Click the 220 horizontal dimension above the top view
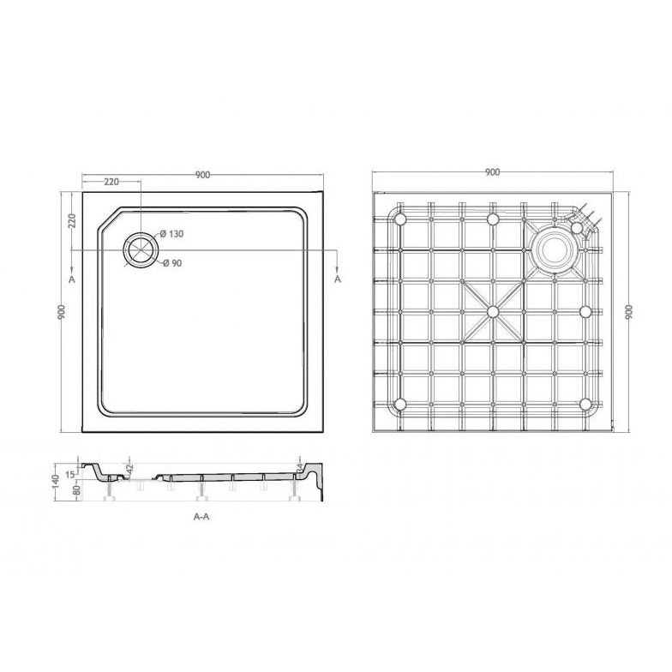[111, 183]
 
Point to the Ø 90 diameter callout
[173, 263]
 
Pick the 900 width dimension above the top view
[202, 175]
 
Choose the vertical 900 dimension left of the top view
[62, 313]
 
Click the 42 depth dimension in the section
[131, 469]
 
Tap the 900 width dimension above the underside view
[492, 172]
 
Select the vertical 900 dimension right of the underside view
[629, 313]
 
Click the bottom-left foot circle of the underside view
[399, 404]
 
